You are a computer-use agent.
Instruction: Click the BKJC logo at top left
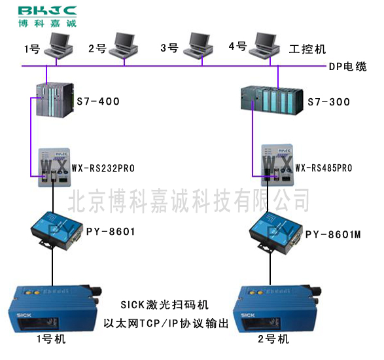click(x=47, y=16)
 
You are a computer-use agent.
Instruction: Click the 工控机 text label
click(x=307, y=49)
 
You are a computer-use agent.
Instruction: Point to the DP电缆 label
click(x=348, y=66)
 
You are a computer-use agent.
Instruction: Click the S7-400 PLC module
click(x=55, y=100)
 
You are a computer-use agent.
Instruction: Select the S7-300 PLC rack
click(x=272, y=101)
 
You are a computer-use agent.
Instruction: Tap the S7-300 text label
click(x=328, y=102)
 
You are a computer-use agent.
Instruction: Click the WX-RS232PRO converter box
click(x=54, y=168)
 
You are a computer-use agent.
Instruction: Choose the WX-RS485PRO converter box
click(x=277, y=165)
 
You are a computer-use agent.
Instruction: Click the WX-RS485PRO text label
click(x=324, y=168)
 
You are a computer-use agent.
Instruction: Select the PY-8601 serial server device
click(x=56, y=231)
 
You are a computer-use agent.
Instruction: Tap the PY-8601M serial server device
click(x=275, y=232)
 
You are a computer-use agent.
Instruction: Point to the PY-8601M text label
click(x=333, y=234)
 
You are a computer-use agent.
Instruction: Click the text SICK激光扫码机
click(x=165, y=305)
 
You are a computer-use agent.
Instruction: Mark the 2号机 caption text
click(x=273, y=340)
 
